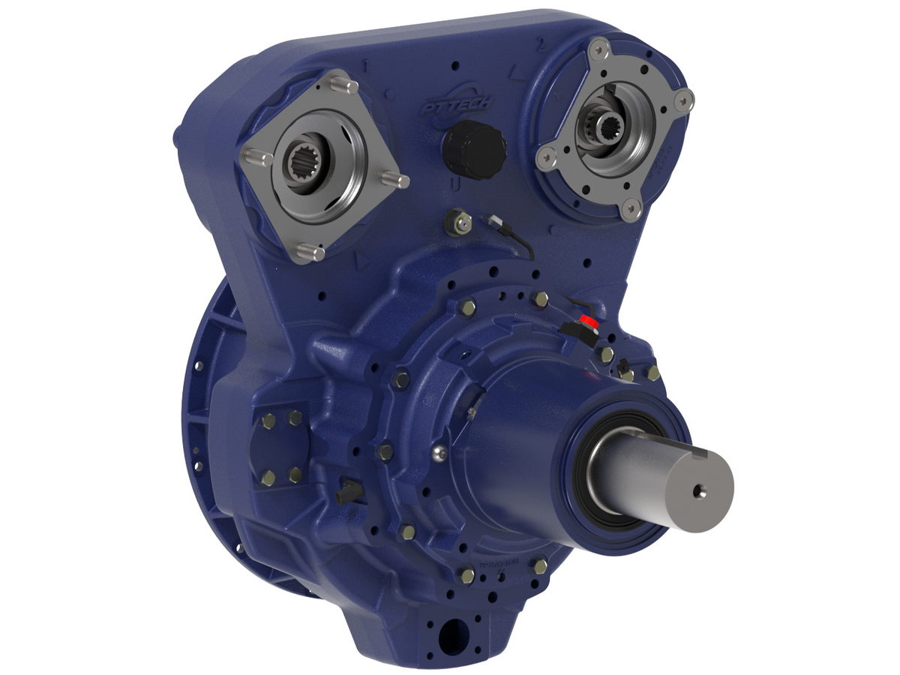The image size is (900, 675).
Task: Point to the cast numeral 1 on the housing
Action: tap(365, 66)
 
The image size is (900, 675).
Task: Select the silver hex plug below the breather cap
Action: tap(458, 221)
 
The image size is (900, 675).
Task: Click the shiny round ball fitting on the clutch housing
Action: tap(441, 451)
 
